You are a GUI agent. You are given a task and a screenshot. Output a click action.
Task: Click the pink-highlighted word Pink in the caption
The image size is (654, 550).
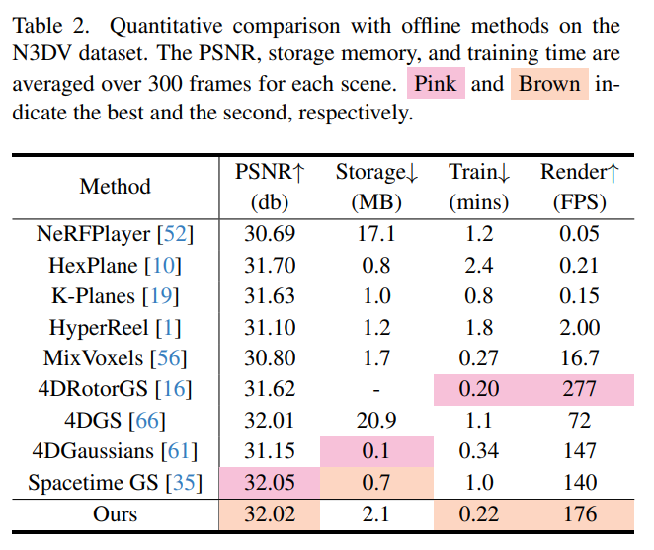(x=436, y=84)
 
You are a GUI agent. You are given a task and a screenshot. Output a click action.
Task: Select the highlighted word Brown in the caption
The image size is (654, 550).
(x=549, y=84)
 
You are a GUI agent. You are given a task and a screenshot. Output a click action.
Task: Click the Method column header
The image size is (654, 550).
(x=116, y=186)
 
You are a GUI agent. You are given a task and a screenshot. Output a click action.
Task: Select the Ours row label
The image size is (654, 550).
(x=116, y=513)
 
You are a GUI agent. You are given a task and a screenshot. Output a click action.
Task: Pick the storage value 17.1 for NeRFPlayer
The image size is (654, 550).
(x=377, y=234)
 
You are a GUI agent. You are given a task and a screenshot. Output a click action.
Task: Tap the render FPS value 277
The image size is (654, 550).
(x=580, y=389)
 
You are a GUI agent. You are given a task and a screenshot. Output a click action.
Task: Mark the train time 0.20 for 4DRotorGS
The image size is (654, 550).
(x=479, y=389)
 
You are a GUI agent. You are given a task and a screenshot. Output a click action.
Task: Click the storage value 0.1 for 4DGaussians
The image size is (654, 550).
(x=377, y=451)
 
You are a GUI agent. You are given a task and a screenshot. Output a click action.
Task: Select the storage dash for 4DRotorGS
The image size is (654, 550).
(x=377, y=389)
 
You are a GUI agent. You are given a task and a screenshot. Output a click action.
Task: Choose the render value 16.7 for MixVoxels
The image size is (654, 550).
(x=580, y=357)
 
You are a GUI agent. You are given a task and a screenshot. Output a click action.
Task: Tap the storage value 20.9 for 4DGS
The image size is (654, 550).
(x=377, y=421)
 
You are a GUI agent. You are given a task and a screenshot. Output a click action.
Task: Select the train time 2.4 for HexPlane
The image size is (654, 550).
(x=479, y=265)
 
